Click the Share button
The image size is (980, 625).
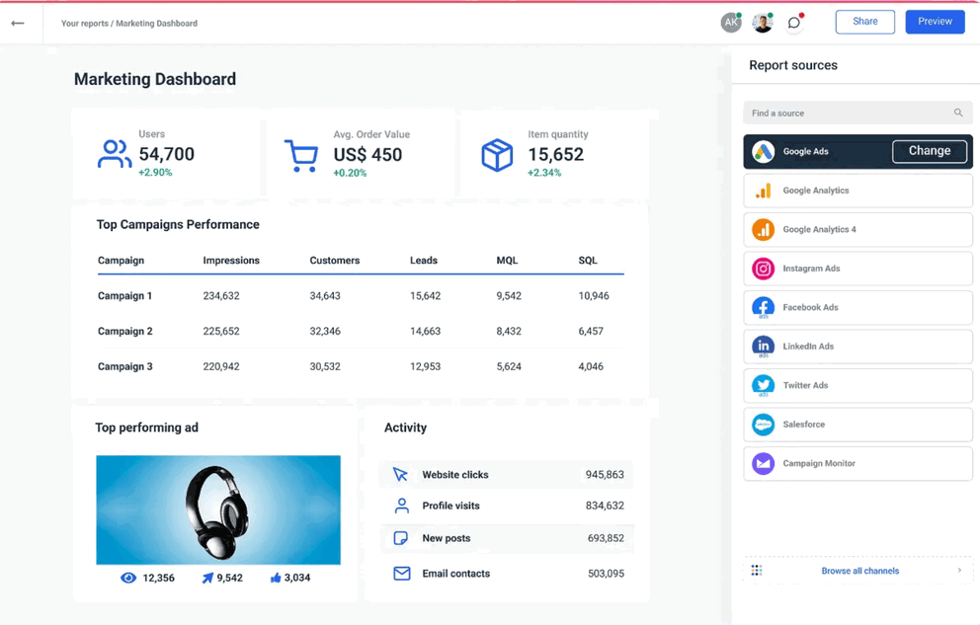[x=864, y=22]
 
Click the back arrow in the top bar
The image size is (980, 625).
[x=18, y=23]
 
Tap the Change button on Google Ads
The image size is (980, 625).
[x=929, y=151]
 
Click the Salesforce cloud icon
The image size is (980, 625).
[x=763, y=425]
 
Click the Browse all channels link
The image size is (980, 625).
[x=859, y=571]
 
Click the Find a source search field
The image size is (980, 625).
[x=850, y=114]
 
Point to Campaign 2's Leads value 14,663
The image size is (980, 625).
[x=425, y=332]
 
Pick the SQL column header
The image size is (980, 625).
[x=588, y=261]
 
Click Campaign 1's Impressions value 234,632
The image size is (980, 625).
[x=221, y=296]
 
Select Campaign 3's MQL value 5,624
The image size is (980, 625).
[x=509, y=367]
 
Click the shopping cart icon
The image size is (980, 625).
[x=301, y=155]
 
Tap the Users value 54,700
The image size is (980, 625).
[x=166, y=154]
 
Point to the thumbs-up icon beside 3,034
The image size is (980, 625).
[x=276, y=578]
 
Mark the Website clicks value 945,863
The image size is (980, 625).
[x=604, y=475]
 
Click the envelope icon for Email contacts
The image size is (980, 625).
[x=401, y=574]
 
